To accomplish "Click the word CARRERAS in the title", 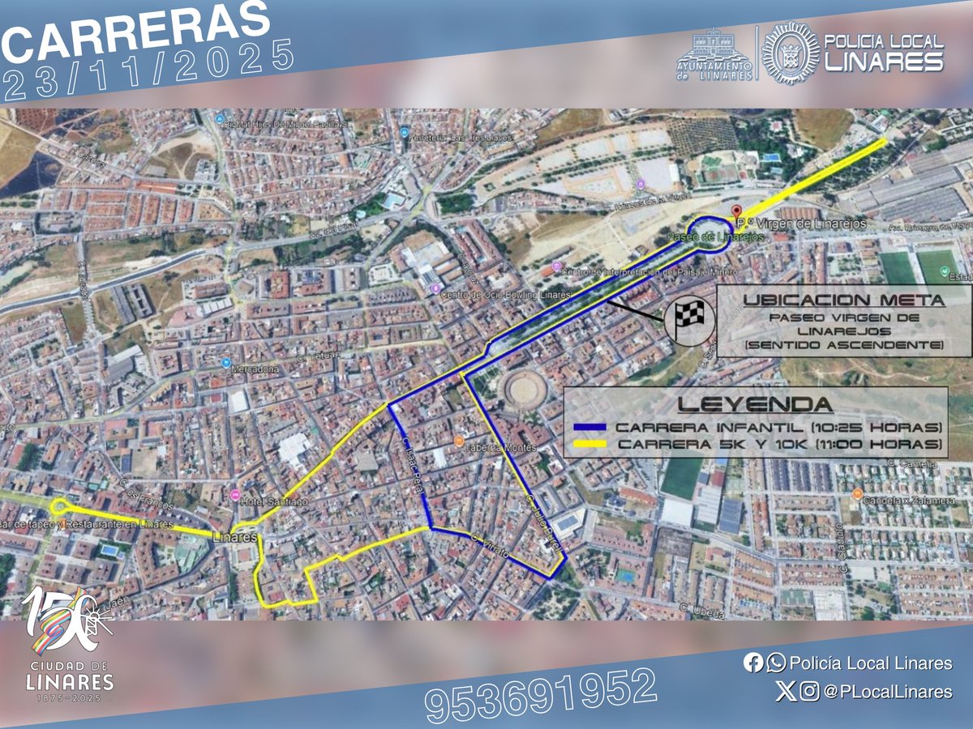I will click(x=136, y=32).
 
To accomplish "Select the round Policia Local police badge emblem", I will click(x=790, y=53).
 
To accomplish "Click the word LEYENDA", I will click(x=754, y=403).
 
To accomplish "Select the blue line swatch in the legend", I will click(x=591, y=427).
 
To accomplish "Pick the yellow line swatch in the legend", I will click(x=591, y=444).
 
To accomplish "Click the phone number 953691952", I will click(x=540, y=695).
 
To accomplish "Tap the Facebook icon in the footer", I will click(x=752, y=663).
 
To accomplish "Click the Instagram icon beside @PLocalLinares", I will click(x=808, y=692).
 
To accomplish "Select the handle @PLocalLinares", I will click(x=887, y=692).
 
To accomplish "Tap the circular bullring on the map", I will click(x=526, y=391).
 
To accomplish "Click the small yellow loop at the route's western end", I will click(x=58, y=507).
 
